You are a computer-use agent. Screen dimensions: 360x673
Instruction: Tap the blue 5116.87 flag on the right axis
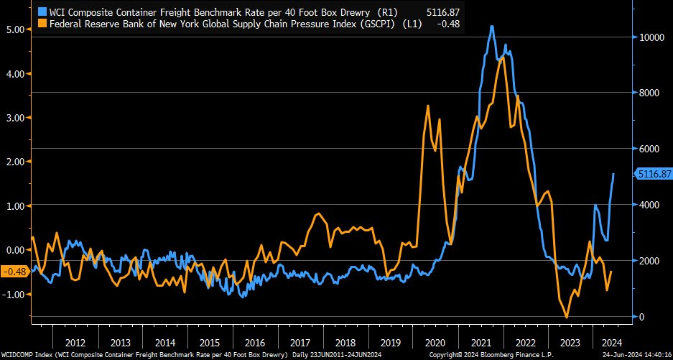[653, 174]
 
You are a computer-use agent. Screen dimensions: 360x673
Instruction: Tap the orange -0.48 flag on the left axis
[14, 271]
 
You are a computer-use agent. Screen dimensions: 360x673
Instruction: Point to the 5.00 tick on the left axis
[15, 29]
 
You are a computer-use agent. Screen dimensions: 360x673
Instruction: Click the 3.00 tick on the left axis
[15, 118]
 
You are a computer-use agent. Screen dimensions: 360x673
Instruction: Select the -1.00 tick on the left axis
[15, 295]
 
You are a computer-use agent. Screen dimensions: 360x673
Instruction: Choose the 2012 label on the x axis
[76, 342]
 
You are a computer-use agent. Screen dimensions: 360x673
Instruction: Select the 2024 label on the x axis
[608, 342]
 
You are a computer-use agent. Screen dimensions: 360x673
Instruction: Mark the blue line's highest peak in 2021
[491, 27]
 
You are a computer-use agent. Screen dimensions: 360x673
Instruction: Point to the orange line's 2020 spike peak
[428, 106]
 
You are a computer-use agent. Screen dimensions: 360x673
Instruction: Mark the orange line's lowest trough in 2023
[567, 318]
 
